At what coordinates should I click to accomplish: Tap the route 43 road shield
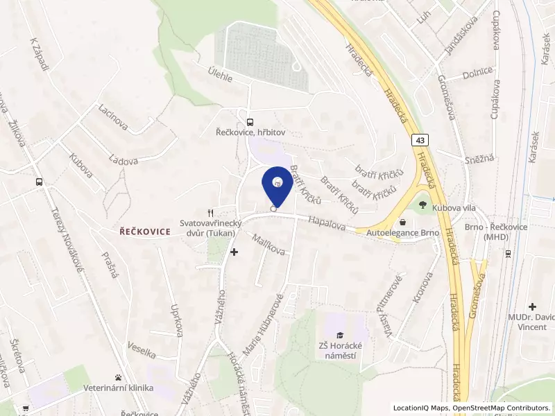[420, 140]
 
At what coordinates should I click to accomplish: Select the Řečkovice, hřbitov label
[249, 131]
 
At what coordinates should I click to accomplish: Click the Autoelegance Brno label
[403, 232]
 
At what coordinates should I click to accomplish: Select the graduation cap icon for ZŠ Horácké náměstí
[340, 336]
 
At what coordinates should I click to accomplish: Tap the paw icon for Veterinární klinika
[119, 379]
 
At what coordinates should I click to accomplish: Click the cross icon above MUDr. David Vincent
[532, 306]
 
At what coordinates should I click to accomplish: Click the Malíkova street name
[269, 245]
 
